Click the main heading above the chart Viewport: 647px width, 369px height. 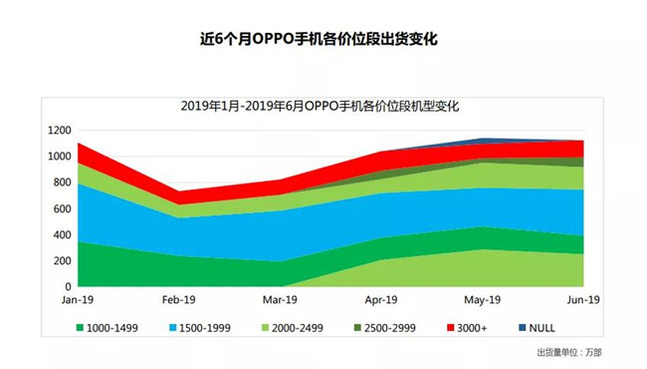tap(323, 41)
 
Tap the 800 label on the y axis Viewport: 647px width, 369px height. tap(61, 183)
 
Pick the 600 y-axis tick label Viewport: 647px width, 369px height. tap(61, 208)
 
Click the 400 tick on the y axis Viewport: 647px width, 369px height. tap(61, 234)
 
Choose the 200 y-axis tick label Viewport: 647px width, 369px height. tap(61, 260)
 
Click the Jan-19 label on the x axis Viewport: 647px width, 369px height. tap(77, 299)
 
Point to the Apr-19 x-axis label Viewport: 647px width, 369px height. tap(382, 299)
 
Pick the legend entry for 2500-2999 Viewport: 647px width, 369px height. tap(387, 326)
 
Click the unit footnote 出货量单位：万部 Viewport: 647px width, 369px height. tap(569, 352)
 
